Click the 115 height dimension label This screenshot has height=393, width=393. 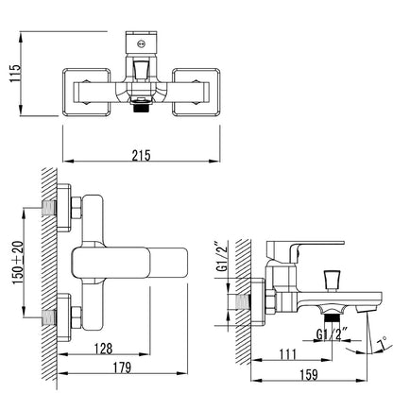[15, 74]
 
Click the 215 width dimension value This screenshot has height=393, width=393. [142, 156]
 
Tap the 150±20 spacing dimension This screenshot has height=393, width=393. [18, 263]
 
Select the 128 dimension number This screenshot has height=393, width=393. [104, 349]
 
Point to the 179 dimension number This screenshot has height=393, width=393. [122, 367]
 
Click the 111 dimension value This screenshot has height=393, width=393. [288, 354]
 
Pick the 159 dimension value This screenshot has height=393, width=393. [309, 374]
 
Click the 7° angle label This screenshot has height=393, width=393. [383, 343]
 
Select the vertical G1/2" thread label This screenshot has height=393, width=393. [222, 256]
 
